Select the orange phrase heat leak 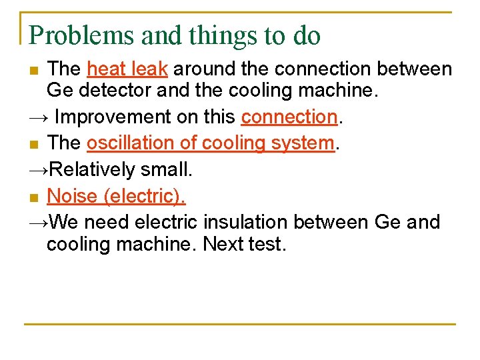[x=127, y=69]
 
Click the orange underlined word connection [x=289, y=117]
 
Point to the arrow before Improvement [x=38, y=118]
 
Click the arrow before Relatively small [x=38, y=170]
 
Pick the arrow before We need [x=38, y=222]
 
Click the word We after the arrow [x=65, y=221]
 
